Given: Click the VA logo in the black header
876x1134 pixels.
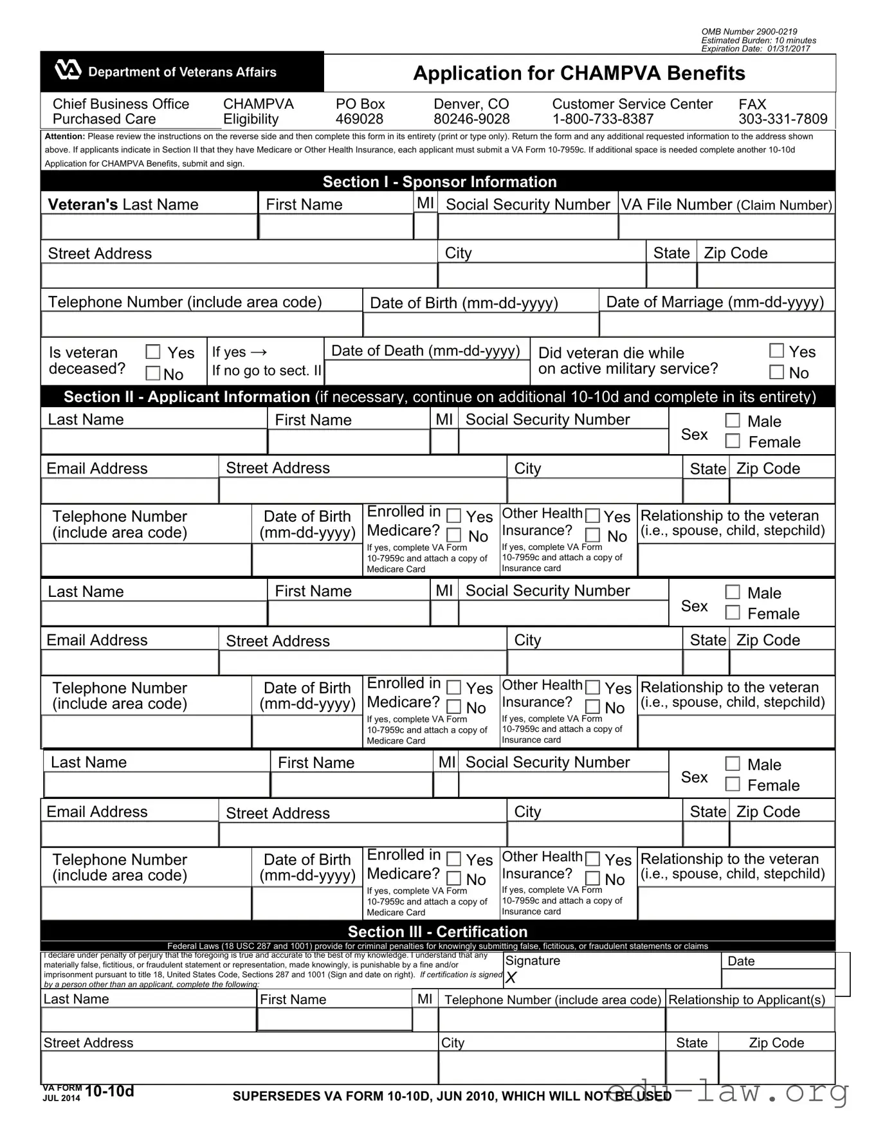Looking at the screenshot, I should (x=68, y=70).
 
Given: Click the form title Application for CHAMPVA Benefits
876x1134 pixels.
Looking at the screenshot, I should (x=579, y=73).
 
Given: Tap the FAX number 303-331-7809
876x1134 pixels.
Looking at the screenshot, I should (x=783, y=119).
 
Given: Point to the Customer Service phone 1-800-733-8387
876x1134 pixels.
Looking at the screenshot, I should (x=603, y=119).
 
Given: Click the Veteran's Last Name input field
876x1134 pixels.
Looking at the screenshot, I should (x=149, y=227).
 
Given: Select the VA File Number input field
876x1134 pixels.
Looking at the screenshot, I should (x=726, y=227).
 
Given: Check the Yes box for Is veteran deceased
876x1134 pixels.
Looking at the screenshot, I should (x=153, y=352).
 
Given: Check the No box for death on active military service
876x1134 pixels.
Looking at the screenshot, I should (x=777, y=372).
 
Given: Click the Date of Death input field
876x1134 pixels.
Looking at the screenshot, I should (x=427, y=372).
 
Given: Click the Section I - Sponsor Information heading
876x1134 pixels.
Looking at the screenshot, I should (x=439, y=181).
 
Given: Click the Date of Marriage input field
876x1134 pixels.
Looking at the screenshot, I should (x=716, y=324).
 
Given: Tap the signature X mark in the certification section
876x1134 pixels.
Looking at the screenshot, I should (x=511, y=978).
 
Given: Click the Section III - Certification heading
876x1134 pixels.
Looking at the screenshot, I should (x=437, y=931).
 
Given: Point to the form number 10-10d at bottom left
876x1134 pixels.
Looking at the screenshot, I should (x=109, y=1091).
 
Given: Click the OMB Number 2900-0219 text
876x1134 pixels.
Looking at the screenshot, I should (x=749, y=32).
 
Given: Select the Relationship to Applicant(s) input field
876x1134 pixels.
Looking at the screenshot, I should (x=750, y=1020).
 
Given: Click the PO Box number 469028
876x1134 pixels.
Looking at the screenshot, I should (x=359, y=119).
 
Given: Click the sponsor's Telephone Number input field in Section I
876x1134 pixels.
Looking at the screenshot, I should (x=201, y=324).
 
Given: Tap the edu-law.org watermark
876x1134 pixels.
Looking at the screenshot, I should (x=727, y=1092).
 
